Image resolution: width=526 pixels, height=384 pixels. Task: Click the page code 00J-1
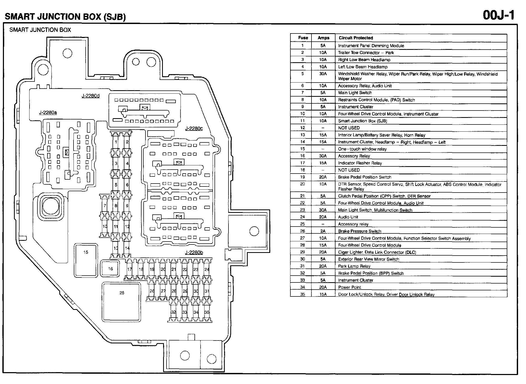pos(498,15)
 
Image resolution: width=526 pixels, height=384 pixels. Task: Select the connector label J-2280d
pos(90,96)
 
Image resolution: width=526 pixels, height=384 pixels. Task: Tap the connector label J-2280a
pos(48,113)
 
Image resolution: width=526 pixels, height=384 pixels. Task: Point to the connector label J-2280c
pos(194,128)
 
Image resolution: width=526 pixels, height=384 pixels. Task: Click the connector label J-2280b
pos(194,252)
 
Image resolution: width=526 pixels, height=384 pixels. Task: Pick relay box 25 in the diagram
pos(122,302)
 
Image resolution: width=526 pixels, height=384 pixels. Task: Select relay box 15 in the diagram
pos(86,260)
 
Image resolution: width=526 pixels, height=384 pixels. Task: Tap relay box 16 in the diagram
pos(110,269)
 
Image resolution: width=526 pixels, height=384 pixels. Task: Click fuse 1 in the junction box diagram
pos(116,142)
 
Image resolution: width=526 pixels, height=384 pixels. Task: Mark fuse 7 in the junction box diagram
pos(105,206)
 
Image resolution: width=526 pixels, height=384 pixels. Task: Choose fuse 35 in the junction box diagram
pos(207,312)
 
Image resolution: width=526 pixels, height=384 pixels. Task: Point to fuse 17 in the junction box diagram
pos(129,269)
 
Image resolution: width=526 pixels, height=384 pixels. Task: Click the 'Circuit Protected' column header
pos(356,38)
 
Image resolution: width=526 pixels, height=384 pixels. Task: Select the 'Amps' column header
pos(323,38)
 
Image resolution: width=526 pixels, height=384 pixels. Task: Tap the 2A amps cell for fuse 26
pos(323,231)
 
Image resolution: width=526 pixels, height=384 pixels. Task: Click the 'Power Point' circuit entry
pos(349,287)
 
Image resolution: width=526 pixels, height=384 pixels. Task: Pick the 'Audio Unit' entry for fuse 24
pos(348,217)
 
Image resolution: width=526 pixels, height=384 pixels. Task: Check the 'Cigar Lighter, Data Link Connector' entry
pos(377,252)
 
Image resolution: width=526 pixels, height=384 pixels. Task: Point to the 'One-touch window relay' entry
pos(362,149)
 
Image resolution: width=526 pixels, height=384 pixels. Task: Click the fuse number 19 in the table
pos(302,177)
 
